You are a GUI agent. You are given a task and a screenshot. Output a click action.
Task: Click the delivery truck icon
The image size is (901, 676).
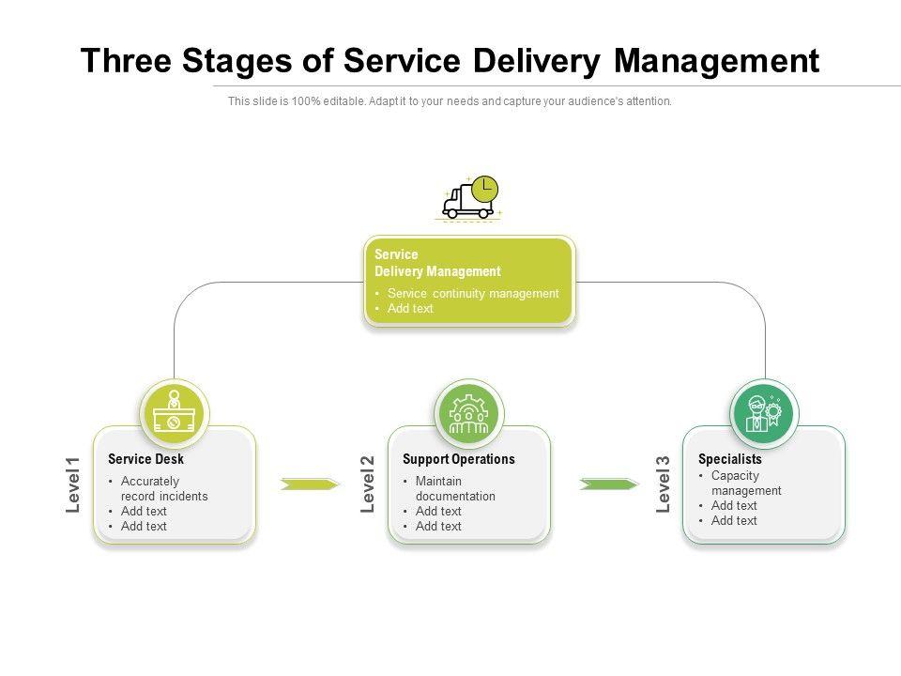coord(469,198)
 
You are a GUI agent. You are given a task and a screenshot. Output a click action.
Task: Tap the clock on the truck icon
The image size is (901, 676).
coord(484,189)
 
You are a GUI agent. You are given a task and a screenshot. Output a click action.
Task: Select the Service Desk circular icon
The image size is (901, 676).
coord(175,414)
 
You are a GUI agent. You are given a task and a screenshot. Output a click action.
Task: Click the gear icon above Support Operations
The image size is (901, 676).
coord(469,414)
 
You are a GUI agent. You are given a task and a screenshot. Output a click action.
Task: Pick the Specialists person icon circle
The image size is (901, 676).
coord(764,414)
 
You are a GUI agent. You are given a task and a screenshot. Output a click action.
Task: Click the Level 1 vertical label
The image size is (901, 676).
coord(73,484)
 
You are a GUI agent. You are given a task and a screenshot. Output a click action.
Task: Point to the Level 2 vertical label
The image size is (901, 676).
coord(368,484)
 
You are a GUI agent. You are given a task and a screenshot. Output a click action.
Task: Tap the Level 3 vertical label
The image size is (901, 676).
coord(664,484)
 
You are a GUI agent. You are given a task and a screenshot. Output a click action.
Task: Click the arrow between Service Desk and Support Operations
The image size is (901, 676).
coord(310,484)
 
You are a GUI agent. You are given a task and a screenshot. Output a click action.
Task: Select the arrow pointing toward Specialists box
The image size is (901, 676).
coord(609,484)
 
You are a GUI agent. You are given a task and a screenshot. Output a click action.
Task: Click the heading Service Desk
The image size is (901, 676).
coord(146,459)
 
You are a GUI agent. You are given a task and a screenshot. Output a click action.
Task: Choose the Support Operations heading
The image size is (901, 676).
coord(459,459)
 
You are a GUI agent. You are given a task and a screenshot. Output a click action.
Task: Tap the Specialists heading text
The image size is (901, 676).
coord(730,459)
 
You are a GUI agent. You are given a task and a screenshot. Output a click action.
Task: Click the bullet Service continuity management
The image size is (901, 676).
coord(473,293)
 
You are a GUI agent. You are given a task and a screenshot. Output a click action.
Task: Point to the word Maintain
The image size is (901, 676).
coord(438,481)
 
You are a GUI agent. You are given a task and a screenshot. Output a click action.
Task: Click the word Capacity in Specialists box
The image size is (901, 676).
coord(735,476)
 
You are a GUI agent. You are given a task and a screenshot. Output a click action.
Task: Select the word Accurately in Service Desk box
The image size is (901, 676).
coord(150,481)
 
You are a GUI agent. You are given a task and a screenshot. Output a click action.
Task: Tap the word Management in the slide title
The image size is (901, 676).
coord(716,62)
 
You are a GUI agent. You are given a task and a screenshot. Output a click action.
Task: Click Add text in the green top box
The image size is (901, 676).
coord(410,308)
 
